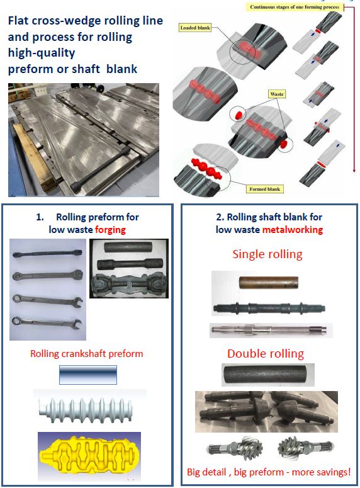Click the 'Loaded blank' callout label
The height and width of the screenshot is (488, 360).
pyautogui.click(x=195, y=28)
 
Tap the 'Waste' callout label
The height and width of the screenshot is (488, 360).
pyautogui.click(x=277, y=94)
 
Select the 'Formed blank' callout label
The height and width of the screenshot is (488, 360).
pyautogui.click(x=264, y=189)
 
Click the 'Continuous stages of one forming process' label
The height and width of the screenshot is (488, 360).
pyautogui.click(x=295, y=7)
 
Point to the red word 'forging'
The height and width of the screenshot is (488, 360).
pyautogui.click(x=110, y=230)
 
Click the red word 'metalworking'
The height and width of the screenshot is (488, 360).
pyautogui.click(x=293, y=230)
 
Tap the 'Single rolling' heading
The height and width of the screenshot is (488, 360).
pyautogui.click(x=267, y=254)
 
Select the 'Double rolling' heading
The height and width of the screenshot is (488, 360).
pyautogui.click(x=266, y=353)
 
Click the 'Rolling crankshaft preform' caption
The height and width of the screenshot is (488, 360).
pyautogui.click(x=86, y=353)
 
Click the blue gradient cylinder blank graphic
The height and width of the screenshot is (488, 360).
pyautogui.click(x=88, y=375)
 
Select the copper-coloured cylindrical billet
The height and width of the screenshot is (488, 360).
pyautogui.click(x=269, y=283)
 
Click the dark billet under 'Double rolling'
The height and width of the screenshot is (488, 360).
pyautogui.click(x=268, y=375)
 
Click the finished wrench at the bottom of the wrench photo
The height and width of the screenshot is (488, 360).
pyautogui.click(x=47, y=323)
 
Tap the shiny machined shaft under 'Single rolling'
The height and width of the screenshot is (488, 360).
pyautogui.click(x=269, y=329)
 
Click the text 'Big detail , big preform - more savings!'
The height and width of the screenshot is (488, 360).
pyautogui.click(x=269, y=472)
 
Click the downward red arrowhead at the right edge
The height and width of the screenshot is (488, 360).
pyautogui.click(x=354, y=170)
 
